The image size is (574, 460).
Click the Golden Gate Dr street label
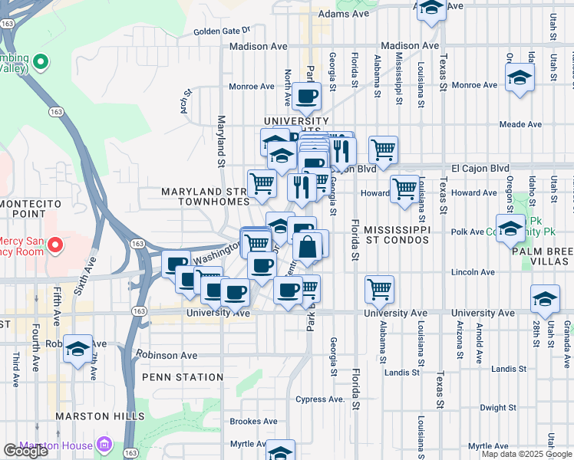pos(222,31)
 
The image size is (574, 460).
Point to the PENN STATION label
pos(182,377)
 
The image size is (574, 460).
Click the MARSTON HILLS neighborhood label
pos(100,416)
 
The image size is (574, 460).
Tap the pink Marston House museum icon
pos(105,445)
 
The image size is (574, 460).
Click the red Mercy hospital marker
pos(54,245)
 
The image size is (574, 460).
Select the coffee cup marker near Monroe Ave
pos(307,97)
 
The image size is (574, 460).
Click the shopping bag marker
pos(307,248)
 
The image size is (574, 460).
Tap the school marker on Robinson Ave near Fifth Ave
pos(78,349)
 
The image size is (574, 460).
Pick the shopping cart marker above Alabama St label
pos(379,289)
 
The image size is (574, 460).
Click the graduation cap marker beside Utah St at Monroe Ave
pos(520,77)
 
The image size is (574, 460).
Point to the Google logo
pos(25,451)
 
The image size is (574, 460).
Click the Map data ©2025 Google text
pos(527,454)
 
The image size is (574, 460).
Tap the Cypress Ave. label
pos(321,399)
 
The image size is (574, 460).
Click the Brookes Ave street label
pos(254,422)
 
